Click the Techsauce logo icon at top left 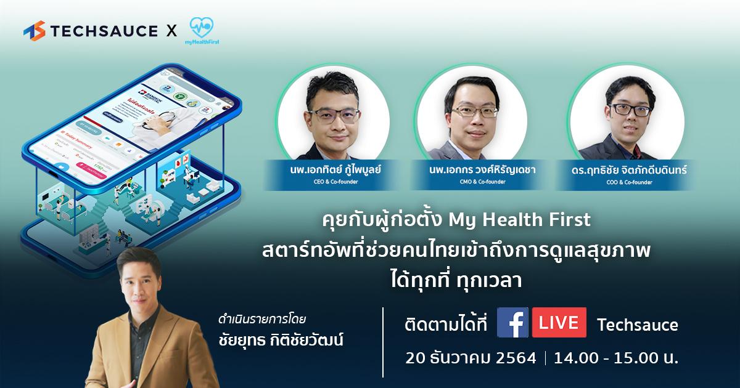pos(35,31)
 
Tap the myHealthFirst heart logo pos(202,28)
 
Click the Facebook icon pos(512,323)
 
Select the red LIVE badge pos(559,323)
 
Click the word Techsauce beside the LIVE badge pos(637,325)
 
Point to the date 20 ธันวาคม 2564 pos(471,358)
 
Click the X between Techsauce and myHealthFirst pos(172,31)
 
